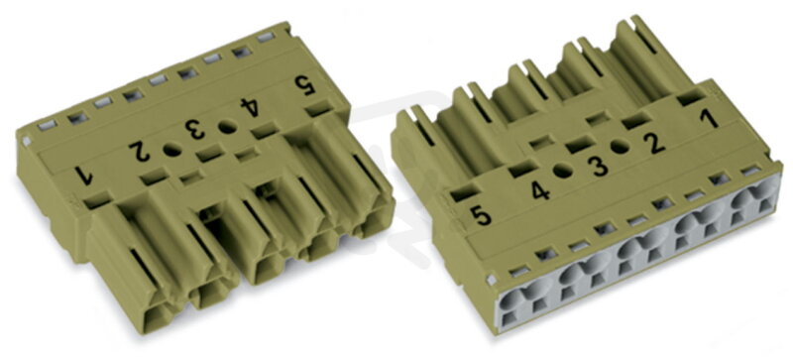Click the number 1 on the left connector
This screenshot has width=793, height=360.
click(83, 176)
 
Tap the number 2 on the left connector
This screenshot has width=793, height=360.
click(140, 152)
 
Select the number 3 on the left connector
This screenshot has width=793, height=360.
click(195, 129)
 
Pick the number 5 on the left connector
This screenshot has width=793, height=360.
click(305, 85)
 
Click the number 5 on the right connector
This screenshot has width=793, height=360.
click(480, 216)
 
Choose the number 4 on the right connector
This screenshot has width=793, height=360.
click(540, 190)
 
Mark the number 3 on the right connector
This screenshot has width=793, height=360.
click(600, 167)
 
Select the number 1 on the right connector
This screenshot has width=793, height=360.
click(710, 119)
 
